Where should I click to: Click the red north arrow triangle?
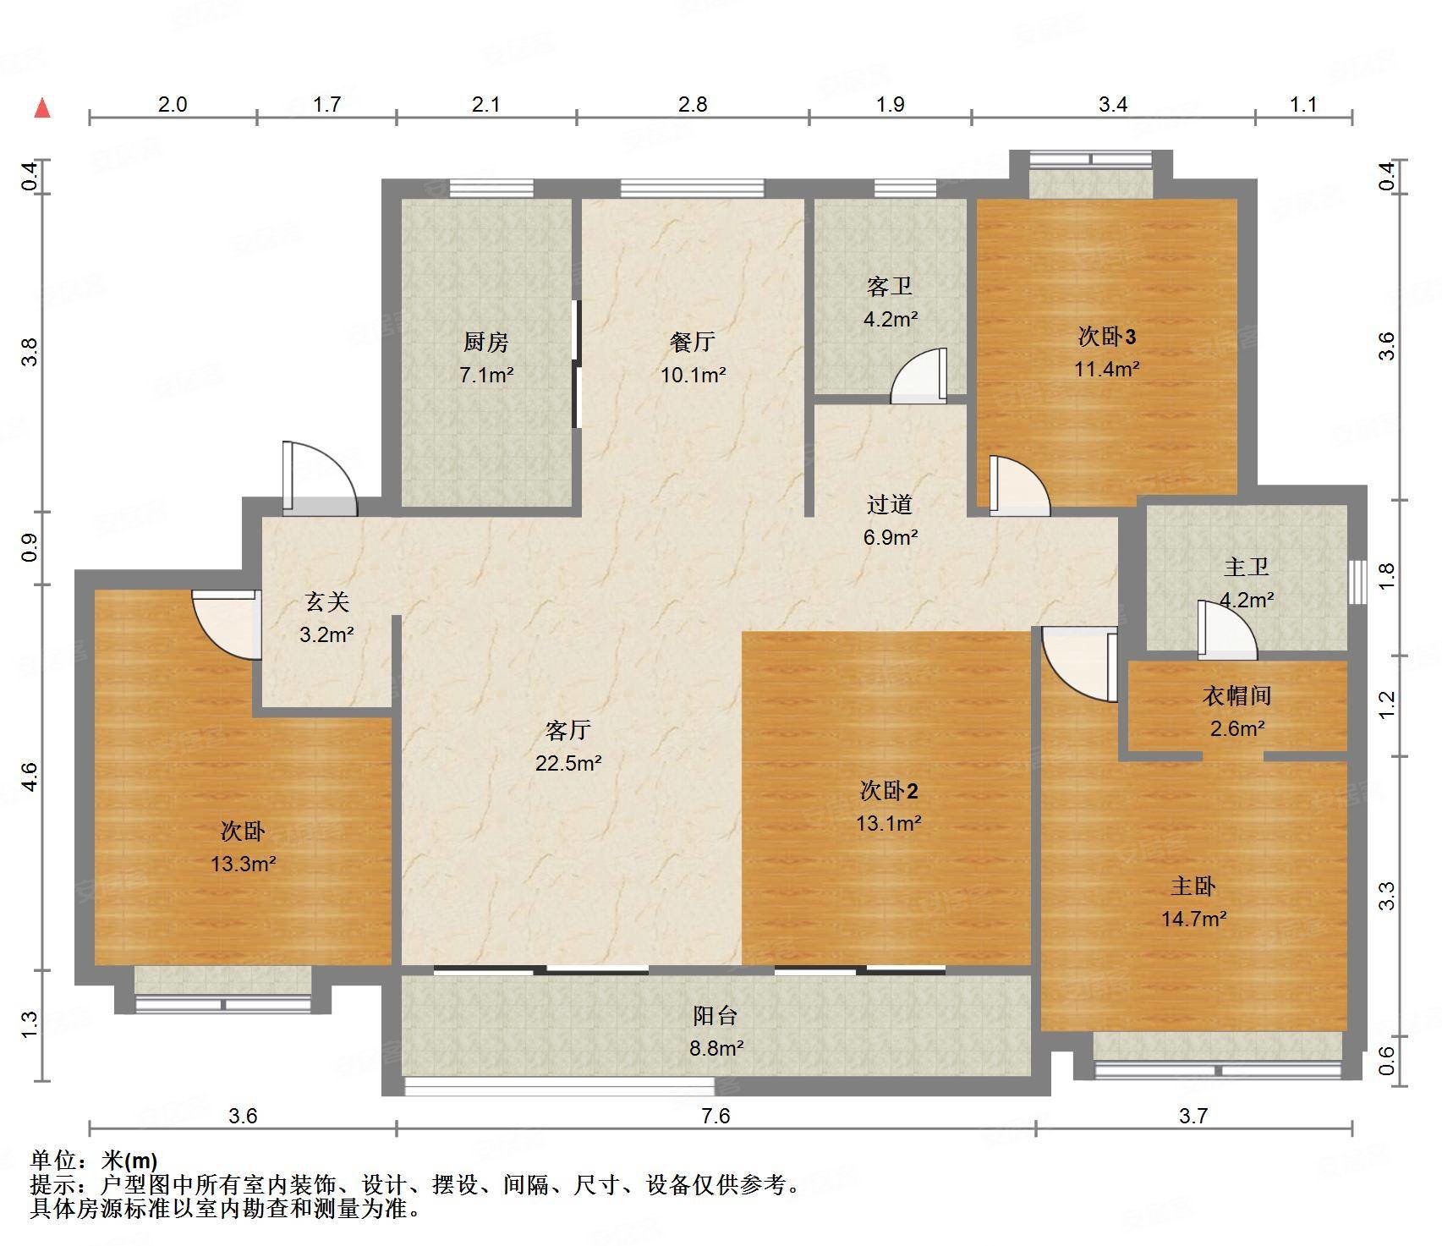click(42, 109)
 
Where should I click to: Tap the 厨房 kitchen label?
click(486, 343)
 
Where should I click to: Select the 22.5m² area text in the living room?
click(568, 763)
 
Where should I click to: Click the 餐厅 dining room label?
click(693, 342)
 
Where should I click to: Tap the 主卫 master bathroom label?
click(1246, 567)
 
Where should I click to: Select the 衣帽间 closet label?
click(1236, 696)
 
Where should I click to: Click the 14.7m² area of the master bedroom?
click(1193, 919)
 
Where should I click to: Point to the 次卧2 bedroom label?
click(888, 791)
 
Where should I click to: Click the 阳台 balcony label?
click(716, 1016)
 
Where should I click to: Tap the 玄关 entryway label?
click(326, 602)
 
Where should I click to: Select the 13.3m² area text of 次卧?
click(243, 864)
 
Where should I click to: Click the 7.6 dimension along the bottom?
click(716, 1117)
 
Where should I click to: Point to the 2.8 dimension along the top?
click(693, 105)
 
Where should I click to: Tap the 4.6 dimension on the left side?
click(30, 777)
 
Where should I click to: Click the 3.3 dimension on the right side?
click(1386, 896)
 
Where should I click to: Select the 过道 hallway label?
click(890, 505)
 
